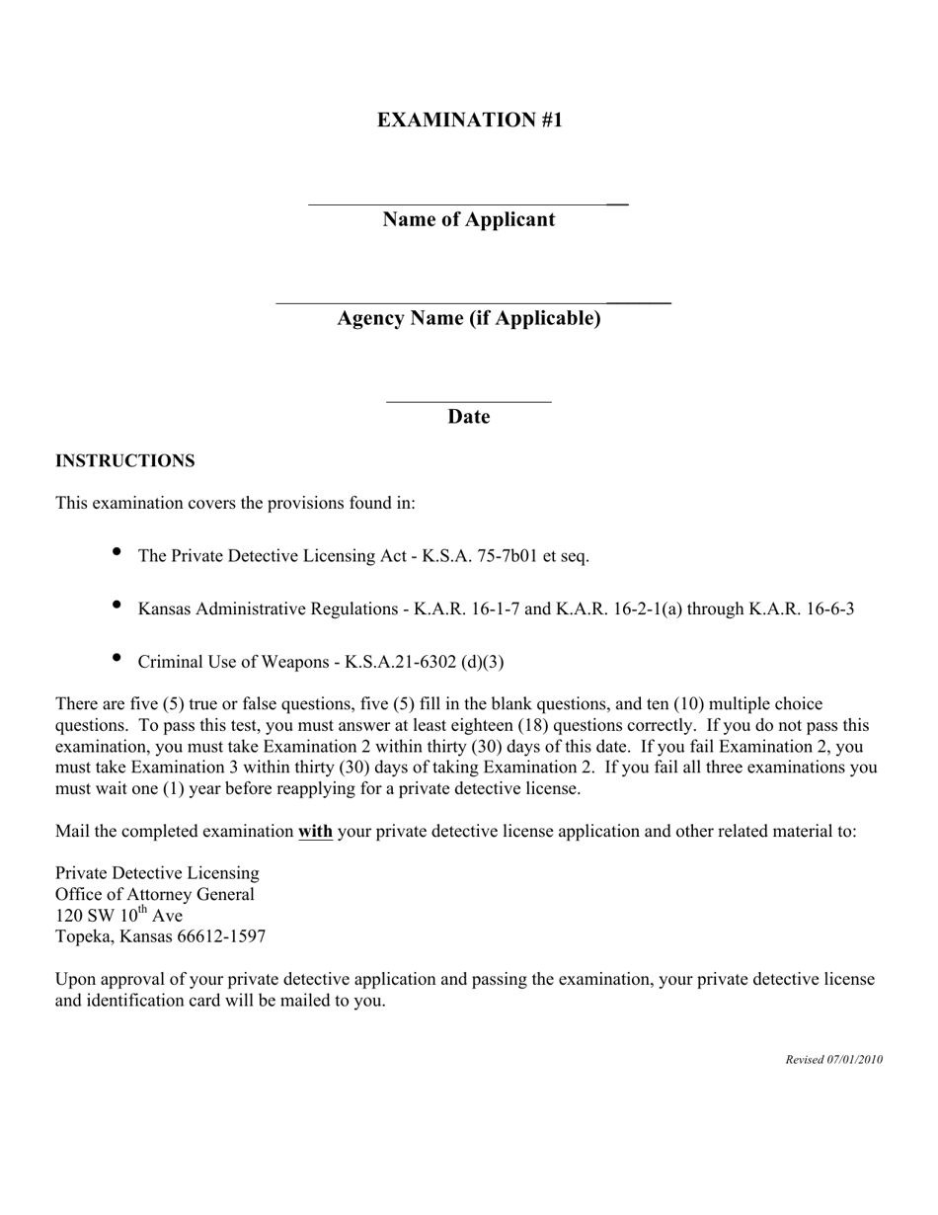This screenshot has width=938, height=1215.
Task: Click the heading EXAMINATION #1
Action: click(469, 120)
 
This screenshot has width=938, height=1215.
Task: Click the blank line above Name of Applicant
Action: click(468, 203)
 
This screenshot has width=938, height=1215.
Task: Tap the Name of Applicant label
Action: click(469, 219)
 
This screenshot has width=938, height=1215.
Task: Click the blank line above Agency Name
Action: click(473, 302)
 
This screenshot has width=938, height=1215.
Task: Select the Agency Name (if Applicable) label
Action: click(469, 318)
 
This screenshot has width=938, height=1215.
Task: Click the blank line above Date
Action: click(468, 402)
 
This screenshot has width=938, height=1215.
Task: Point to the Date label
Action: click(469, 417)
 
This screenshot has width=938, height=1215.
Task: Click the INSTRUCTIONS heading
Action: click(124, 461)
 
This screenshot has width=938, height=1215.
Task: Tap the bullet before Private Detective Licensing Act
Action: click(117, 551)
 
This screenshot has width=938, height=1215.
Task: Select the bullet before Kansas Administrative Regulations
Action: click(117, 604)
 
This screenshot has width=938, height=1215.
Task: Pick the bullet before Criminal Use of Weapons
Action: click(117, 657)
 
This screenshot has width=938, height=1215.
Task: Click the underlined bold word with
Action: click(315, 831)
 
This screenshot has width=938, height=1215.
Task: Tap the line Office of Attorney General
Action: click(155, 894)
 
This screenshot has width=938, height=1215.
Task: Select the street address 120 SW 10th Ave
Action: click(118, 916)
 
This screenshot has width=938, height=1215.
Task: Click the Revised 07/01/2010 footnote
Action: click(833, 1060)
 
